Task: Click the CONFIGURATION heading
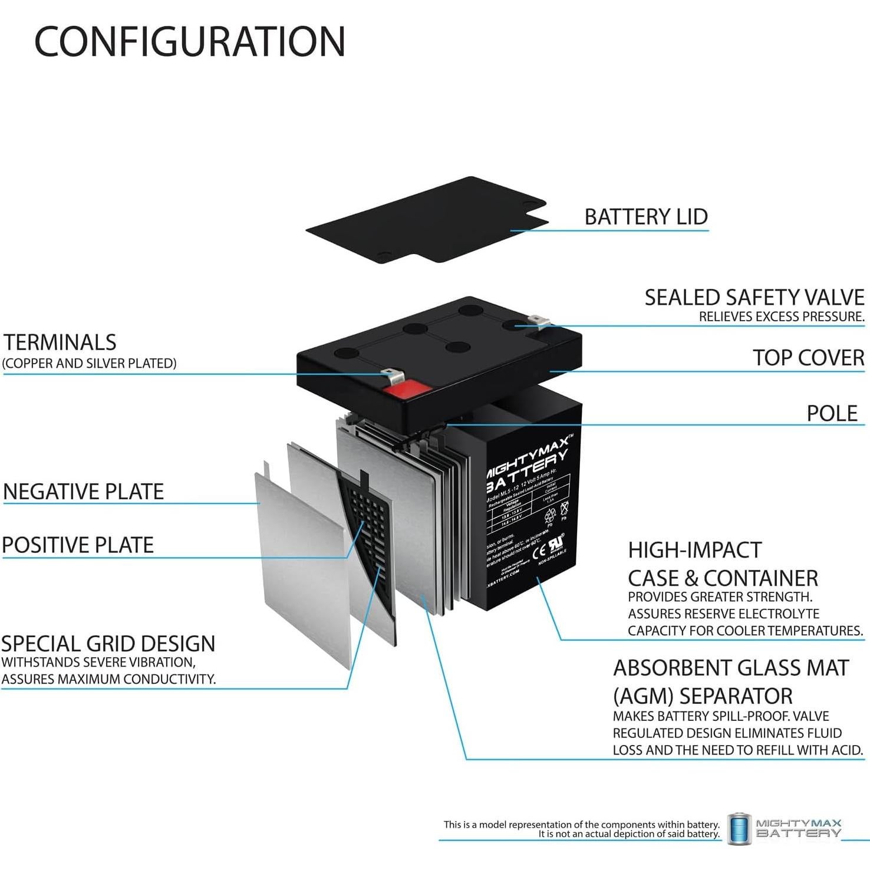pyautogui.click(x=189, y=41)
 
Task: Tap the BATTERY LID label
pyautogui.click(x=646, y=216)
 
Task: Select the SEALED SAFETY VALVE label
pyautogui.click(x=754, y=298)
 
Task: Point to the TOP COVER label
pyautogui.click(x=808, y=358)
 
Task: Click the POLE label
pyautogui.click(x=832, y=413)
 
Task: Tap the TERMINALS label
pyautogui.click(x=60, y=342)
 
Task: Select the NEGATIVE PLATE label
pyautogui.click(x=83, y=492)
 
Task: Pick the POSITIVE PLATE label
pyautogui.click(x=77, y=545)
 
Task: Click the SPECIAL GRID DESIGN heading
pyautogui.click(x=108, y=643)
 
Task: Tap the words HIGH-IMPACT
pyautogui.click(x=694, y=550)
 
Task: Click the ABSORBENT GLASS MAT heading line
pyautogui.click(x=731, y=668)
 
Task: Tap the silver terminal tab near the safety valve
pyautogui.click(x=539, y=321)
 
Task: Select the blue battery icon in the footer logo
pyautogui.click(x=739, y=829)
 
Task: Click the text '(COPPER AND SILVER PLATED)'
pyautogui.click(x=90, y=363)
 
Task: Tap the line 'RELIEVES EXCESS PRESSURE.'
pyautogui.click(x=781, y=317)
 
